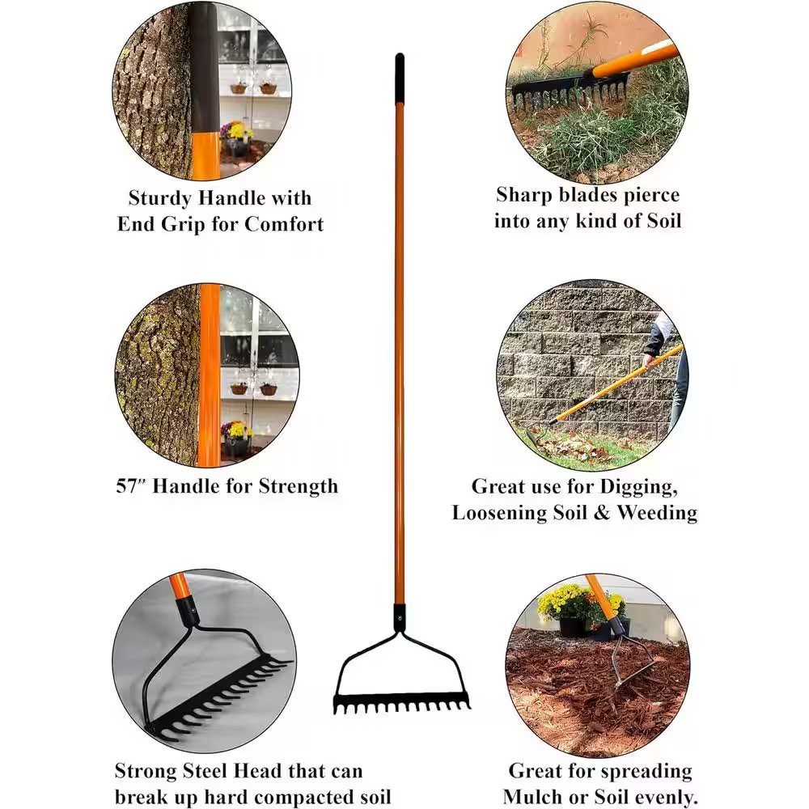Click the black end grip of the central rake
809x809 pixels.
400,78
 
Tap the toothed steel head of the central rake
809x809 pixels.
401,701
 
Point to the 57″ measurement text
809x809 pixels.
130,486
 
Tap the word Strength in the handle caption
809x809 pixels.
298,486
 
